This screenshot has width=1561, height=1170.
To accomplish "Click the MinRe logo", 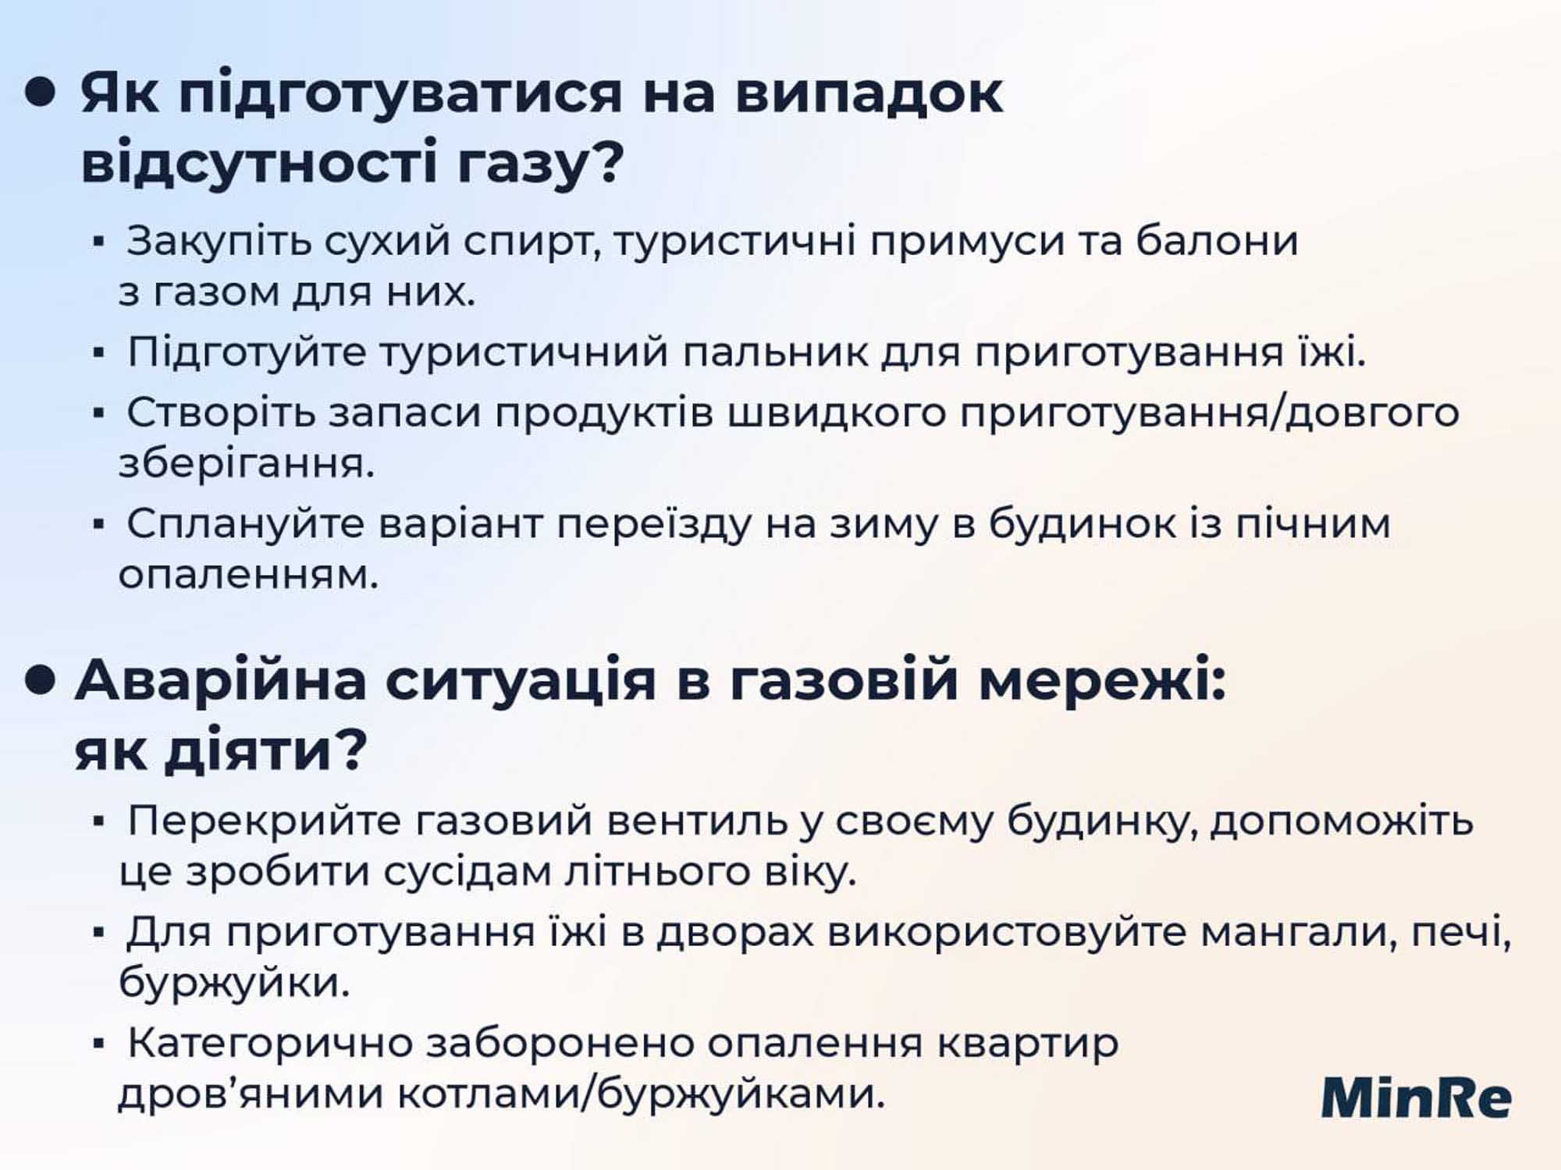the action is [1416, 1097].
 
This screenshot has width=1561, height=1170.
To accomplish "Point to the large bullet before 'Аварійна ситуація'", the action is [41, 679].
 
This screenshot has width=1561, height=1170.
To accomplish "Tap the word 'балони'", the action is [1217, 240].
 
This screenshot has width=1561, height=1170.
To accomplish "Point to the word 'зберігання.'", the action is [247, 465].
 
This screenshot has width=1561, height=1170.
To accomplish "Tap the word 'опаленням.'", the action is [248, 575].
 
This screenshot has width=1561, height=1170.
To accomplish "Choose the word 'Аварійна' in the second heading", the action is [221, 680].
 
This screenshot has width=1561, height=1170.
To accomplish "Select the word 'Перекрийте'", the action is [264, 822].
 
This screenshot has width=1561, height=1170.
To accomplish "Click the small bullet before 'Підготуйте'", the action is [98, 353].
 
